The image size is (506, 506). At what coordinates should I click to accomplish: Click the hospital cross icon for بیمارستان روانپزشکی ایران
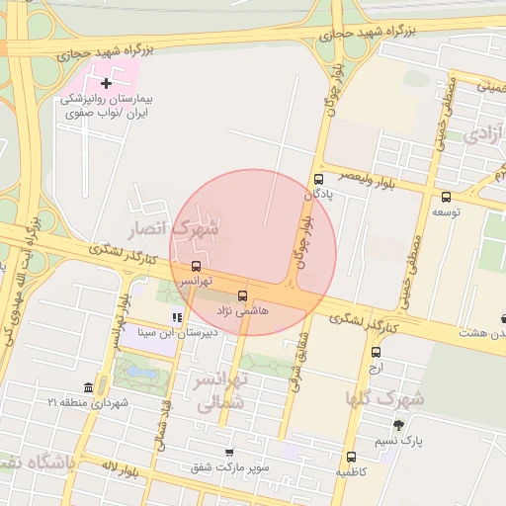click(x=107, y=84)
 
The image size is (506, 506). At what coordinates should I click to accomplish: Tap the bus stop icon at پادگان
click(x=318, y=179)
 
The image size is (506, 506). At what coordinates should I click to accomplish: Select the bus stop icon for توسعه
click(x=446, y=197)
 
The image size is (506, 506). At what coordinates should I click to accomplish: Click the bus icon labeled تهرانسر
click(x=195, y=266)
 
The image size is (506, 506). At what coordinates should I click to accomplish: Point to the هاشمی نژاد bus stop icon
click(x=243, y=295)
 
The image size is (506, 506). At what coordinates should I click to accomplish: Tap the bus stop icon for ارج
click(x=376, y=352)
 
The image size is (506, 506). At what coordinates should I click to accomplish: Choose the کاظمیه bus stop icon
click(x=351, y=457)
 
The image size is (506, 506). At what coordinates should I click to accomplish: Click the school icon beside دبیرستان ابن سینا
click(x=177, y=317)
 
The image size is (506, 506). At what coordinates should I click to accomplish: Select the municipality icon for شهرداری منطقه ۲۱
click(x=89, y=386)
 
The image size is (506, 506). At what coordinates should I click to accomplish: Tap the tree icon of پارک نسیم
click(x=398, y=425)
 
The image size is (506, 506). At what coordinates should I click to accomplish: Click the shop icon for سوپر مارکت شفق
click(x=229, y=451)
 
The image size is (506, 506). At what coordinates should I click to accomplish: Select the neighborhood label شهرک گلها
click(x=384, y=398)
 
